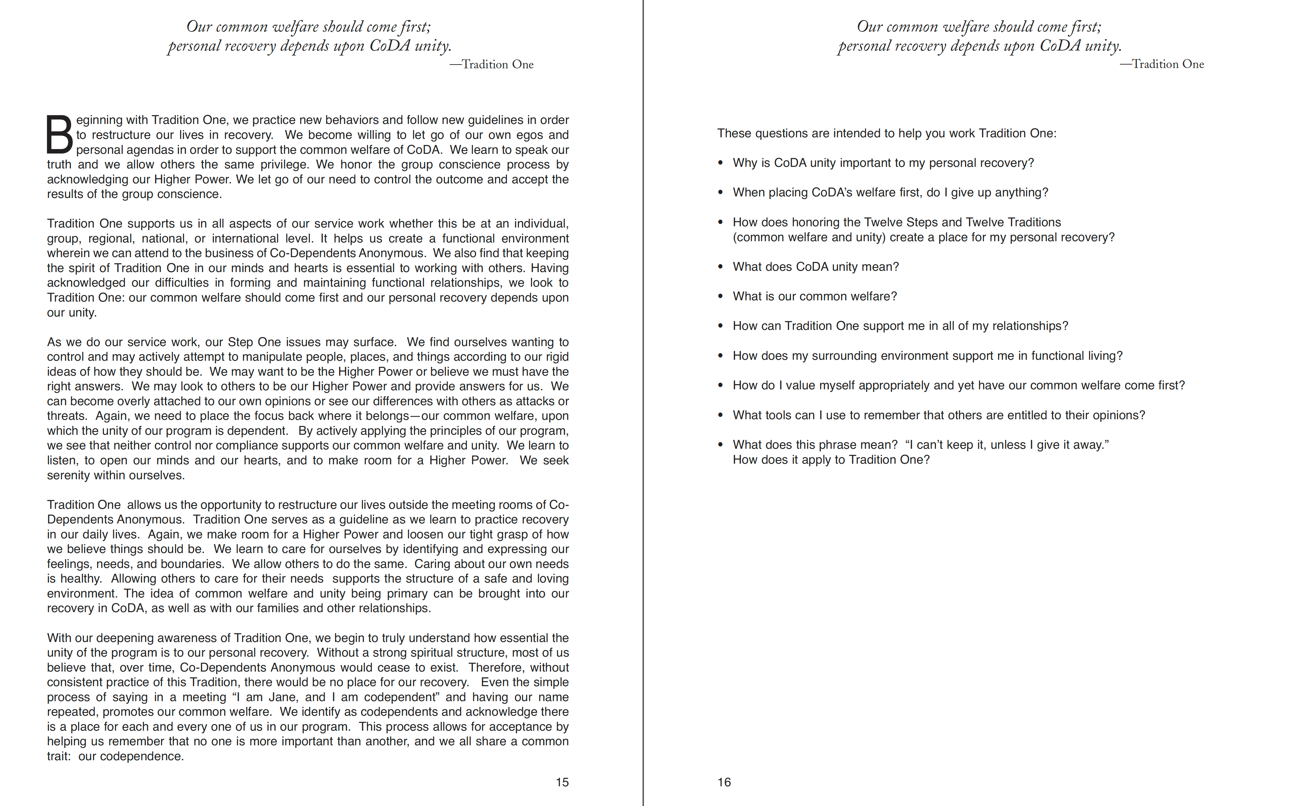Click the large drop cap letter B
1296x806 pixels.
click(59, 134)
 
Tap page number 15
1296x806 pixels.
click(562, 782)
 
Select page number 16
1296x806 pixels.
click(724, 782)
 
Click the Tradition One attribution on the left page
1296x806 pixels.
click(492, 65)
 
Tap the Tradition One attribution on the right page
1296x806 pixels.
click(1162, 64)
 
